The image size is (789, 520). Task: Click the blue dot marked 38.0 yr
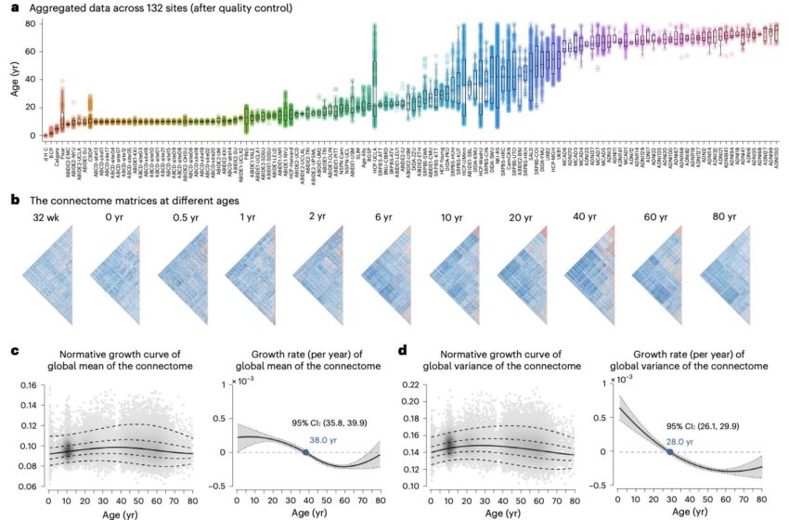pos(305,452)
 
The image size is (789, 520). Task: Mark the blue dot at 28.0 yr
pos(670,452)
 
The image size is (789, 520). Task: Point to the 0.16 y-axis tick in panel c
pos(29,385)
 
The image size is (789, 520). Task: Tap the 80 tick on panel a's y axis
pos(30,22)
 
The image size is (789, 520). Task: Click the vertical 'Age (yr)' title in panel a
pos(12,78)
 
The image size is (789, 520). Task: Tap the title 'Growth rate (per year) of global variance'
pos(690,357)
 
